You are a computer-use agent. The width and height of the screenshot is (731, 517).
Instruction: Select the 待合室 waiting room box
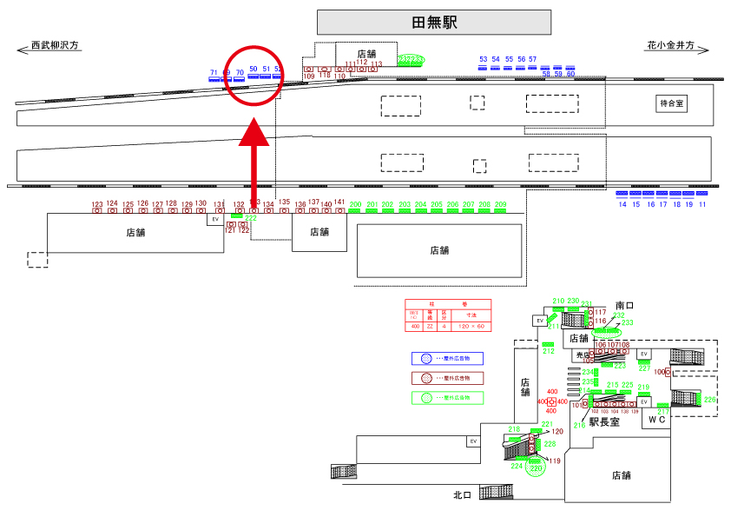[671, 103]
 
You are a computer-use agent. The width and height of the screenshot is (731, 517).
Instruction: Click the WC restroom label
[658, 419]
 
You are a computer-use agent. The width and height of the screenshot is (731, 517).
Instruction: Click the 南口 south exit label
[626, 306]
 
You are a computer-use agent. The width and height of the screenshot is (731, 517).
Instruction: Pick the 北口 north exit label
[462, 495]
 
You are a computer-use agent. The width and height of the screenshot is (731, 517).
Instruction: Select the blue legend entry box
[447, 358]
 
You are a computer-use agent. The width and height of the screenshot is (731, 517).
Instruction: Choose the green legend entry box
[447, 398]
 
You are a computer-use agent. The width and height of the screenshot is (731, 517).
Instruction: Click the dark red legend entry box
[447, 378]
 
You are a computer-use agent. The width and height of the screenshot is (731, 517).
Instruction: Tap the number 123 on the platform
[97, 204]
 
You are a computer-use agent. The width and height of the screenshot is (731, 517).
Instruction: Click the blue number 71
[214, 72]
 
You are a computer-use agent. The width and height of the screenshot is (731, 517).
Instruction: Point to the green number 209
[500, 204]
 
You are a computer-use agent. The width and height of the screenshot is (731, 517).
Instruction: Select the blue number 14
[622, 204]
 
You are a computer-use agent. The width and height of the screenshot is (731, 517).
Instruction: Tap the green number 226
[709, 400]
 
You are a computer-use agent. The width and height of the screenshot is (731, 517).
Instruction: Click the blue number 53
[484, 59]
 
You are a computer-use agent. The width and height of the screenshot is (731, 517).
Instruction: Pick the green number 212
[548, 351]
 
